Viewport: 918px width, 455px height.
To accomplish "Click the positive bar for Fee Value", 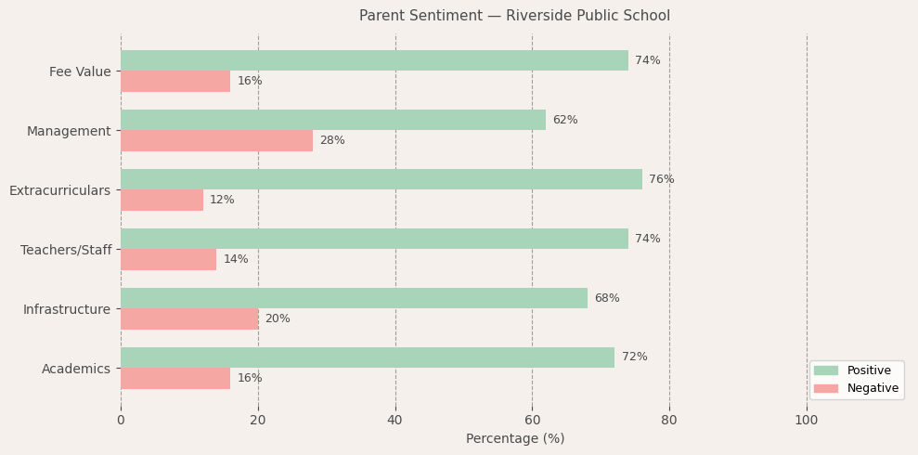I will (x=374, y=60).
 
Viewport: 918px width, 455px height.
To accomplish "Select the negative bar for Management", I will (x=216, y=140).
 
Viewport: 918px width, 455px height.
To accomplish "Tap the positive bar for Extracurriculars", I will (x=381, y=179).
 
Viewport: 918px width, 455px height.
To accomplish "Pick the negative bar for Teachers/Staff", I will (x=168, y=259).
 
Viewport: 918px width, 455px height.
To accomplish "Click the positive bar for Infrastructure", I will (x=354, y=298).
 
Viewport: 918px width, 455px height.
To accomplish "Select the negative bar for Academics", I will (x=175, y=378).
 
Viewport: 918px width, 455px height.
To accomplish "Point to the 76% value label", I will (x=661, y=179).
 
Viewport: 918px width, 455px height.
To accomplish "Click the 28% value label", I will (x=332, y=140).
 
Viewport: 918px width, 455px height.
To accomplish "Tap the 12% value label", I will (x=222, y=200).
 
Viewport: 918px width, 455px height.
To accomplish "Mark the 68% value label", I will (x=606, y=298).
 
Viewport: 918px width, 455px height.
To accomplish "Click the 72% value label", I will (x=634, y=357).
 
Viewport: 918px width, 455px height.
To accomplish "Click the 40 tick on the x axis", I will (x=395, y=421).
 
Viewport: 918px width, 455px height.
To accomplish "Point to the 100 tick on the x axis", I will (x=807, y=421).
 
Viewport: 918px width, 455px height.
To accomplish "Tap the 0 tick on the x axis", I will (x=121, y=421).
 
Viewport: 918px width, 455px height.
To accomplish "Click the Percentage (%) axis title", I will (x=514, y=438).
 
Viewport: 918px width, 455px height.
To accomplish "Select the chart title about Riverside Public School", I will (x=514, y=16).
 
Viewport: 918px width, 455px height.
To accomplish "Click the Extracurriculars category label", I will (x=59, y=190).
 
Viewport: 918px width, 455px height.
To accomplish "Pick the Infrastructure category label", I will (x=67, y=309).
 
